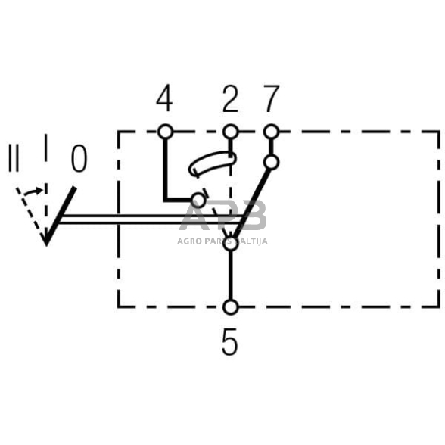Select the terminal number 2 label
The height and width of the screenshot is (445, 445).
pos(230,99)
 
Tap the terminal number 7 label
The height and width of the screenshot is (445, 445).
pos(271,99)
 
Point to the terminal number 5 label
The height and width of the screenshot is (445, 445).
pos(230,342)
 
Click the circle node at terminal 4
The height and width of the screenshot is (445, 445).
pos(165,132)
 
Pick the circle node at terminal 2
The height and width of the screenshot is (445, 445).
pos(231,132)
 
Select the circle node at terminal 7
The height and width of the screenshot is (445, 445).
pos(271,132)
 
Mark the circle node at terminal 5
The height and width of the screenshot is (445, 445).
pos(231,307)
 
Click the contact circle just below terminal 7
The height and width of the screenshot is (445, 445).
pos(271,162)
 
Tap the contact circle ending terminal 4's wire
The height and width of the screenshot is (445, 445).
pos(198,201)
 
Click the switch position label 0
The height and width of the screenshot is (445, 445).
pos(79,160)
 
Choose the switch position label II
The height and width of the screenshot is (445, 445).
pos(13,160)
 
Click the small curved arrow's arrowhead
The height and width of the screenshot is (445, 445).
pos(39,191)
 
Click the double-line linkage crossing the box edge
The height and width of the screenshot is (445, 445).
pos(119,220)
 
